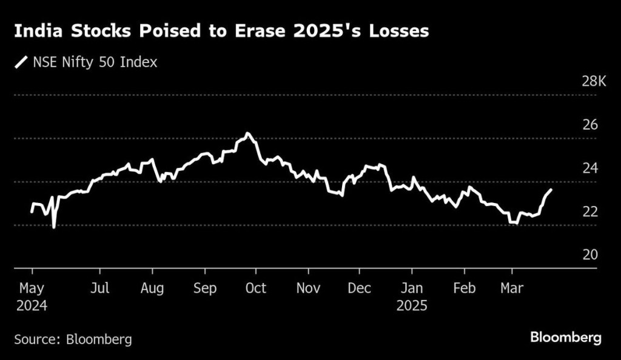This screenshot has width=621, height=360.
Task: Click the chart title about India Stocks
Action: coord(221,32)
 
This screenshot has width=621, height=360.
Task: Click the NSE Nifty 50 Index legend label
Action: coord(94,62)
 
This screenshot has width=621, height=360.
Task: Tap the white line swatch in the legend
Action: coord(22,62)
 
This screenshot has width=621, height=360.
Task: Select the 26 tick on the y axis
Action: coord(589,125)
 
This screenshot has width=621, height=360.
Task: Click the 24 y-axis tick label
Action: coord(589,168)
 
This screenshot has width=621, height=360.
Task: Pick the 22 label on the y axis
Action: coord(589,212)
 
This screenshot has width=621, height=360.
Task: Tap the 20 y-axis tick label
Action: coord(589,255)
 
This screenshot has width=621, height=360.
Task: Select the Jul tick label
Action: coord(100,288)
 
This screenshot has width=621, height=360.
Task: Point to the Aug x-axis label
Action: coord(152,288)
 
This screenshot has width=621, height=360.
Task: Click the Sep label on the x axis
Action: coord(204,288)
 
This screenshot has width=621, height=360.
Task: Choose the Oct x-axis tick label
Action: coord(255,288)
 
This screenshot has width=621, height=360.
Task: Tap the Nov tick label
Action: coord(309,288)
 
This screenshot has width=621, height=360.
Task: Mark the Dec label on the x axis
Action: coord(360,288)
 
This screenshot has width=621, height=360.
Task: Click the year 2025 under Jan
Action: coord(412,305)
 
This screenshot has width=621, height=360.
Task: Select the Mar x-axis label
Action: coord(511,288)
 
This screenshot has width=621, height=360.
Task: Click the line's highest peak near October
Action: coord(247,133)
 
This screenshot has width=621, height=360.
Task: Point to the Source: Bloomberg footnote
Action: coord(73,339)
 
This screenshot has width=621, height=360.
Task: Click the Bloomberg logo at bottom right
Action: coord(566,338)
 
